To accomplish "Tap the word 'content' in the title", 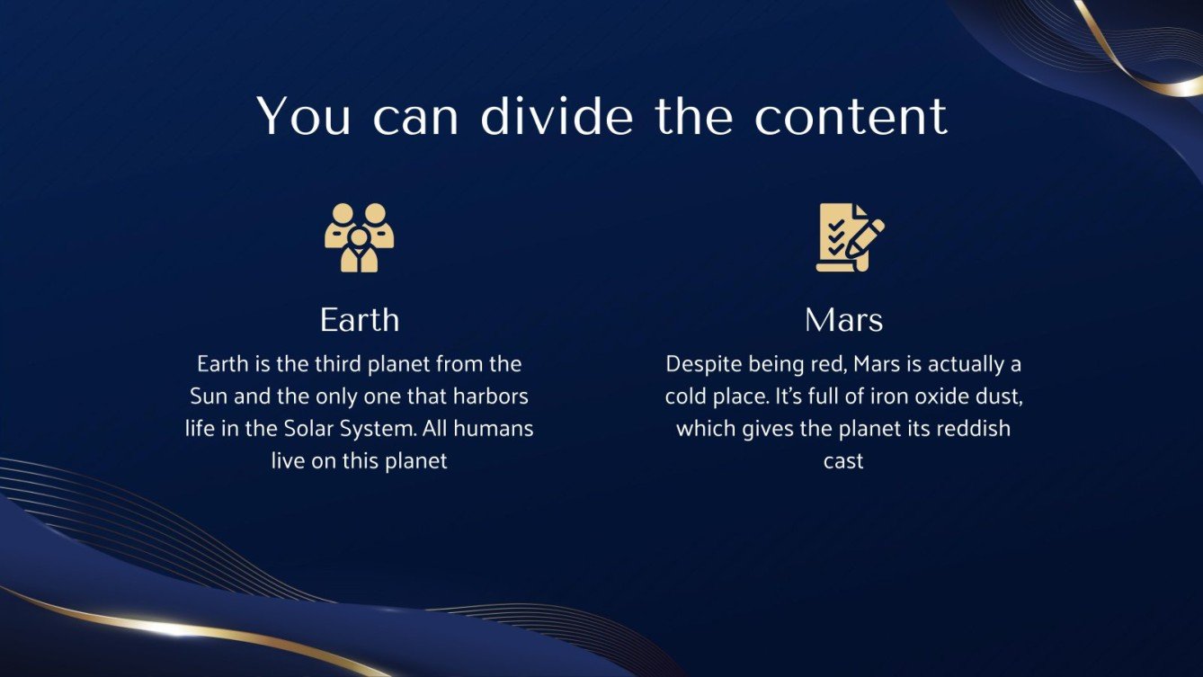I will coord(851,116).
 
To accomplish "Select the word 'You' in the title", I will coord(303,116).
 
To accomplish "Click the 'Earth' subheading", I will coord(360,320).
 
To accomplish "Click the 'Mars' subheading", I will coord(843,320).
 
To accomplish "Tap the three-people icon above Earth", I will coord(360,237).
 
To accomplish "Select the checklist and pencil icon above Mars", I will coord(848,237).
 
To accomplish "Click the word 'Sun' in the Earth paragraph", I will coord(209,396).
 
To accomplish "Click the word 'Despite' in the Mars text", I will coord(699,364).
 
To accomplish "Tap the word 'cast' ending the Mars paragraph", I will coord(843,461).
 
